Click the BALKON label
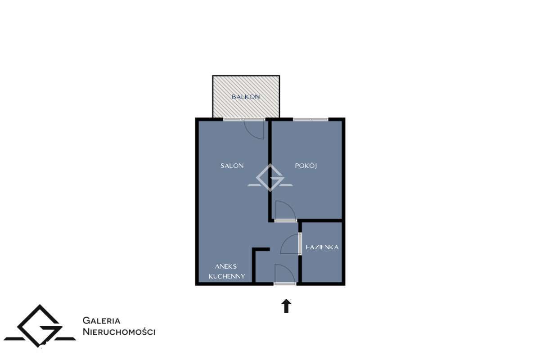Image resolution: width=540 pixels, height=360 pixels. [x=246, y=97]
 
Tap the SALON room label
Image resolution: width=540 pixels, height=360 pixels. [x=232, y=166]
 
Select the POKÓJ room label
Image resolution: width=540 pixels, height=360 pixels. [x=306, y=166]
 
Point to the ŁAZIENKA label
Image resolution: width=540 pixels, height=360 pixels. [x=322, y=247]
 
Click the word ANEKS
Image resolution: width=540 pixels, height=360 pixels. [x=225, y=266]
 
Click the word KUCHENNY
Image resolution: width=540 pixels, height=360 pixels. [x=227, y=276]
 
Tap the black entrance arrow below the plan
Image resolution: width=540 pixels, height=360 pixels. [x=286, y=306]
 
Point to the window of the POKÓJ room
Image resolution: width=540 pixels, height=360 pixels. [x=310, y=119]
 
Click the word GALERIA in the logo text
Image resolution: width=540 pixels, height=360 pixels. [x=101, y=320]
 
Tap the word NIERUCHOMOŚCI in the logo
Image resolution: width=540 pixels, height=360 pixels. [x=119, y=332]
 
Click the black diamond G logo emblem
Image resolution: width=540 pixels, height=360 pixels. [x=40, y=326]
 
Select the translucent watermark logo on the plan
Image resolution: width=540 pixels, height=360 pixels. [x=270, y=178]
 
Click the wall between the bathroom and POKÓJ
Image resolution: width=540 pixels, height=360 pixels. [x=320, y=220]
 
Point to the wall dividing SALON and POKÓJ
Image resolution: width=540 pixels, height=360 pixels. [x=270, y=170]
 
